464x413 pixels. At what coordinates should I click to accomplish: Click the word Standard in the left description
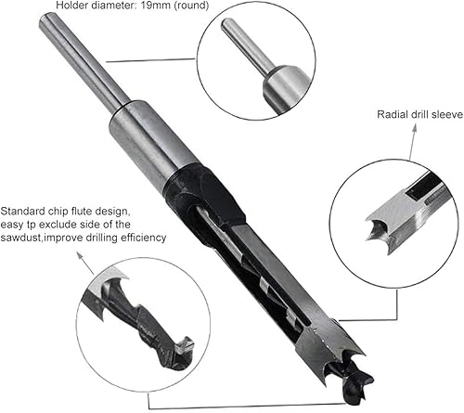click(28, 210)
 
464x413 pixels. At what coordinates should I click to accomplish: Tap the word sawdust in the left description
click(28, 238)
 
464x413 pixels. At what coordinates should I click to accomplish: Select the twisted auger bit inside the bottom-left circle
click(139, 316)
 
